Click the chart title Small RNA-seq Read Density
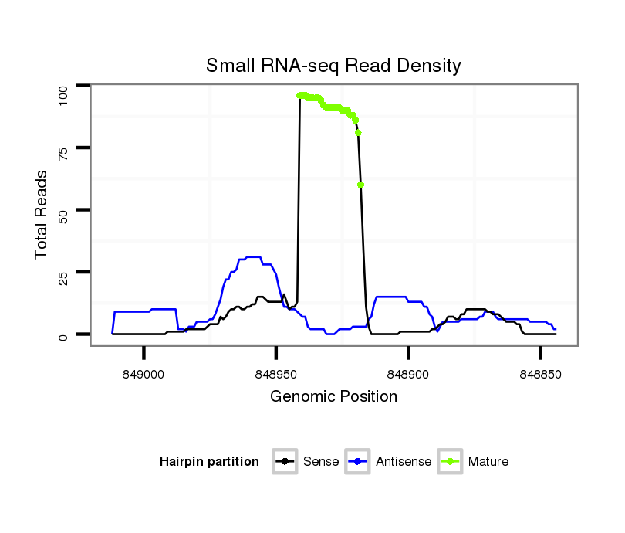[x=333, y=66]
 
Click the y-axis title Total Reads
[x=42, y=214]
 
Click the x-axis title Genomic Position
[x=333, y=397]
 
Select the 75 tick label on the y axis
[x=64, y=148]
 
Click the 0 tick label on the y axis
[x=64, y=335]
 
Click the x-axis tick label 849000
[x=144, y=374]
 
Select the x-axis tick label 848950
[x=276, y=374]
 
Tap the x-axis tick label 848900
[x=408, y=374]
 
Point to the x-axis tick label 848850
[x=540, y=374]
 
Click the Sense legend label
[x=320, y=462]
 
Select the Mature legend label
[x=488, y=462]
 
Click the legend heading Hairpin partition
[x=209, y=462]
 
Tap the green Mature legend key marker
[x=450, y=462]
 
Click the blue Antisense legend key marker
[x=358, y=462]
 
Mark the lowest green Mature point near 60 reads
[x=361, y=185]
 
